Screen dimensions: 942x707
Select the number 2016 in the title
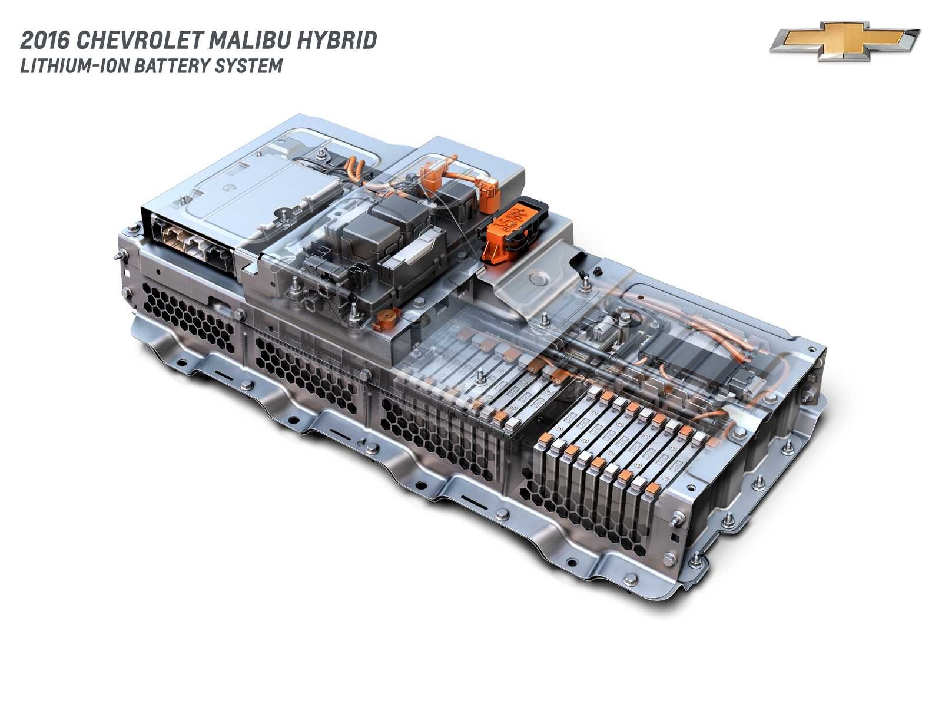click(45, 41)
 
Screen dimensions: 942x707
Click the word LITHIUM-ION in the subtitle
click(75, 66)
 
